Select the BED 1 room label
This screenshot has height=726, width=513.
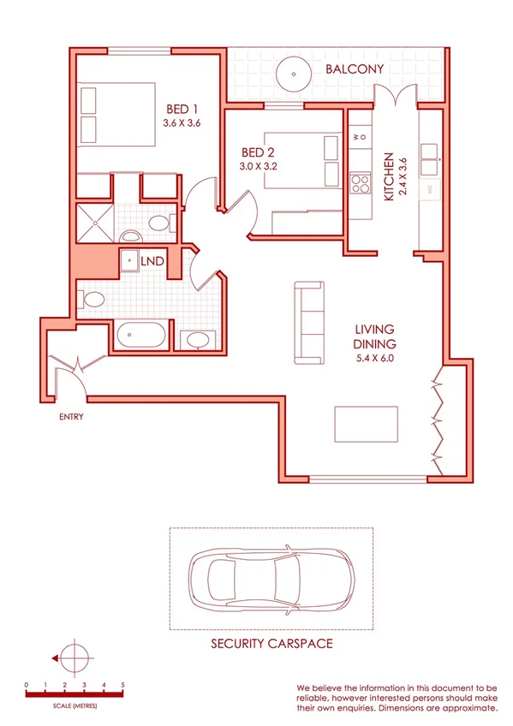coord(182,110)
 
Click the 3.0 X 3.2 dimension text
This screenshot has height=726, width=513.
coord(259,167)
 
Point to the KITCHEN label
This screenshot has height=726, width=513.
coord(388,177)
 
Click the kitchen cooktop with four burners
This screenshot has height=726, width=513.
coord(360,183)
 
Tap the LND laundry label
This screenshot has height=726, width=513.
coord(153,259)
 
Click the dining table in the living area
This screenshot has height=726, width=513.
coord(366,423)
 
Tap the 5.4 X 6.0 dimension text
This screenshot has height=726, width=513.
coord(374,358)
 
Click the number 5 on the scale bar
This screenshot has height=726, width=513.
coord(123,686)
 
